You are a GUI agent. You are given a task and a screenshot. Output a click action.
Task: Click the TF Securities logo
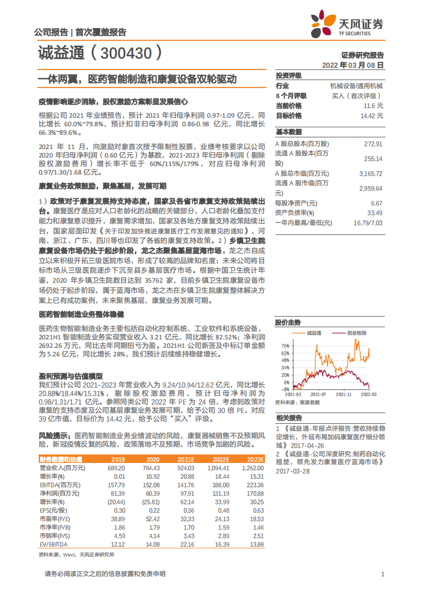point(347,24)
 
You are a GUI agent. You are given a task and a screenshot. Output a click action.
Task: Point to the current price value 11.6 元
point(373,106)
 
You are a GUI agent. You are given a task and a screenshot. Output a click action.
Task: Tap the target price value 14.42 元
point(371,115)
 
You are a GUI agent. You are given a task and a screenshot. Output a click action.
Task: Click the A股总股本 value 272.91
point(373,144)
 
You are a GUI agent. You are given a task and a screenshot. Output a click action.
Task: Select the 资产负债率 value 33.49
point(375,213)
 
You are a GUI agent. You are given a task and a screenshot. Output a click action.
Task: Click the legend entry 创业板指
point(357,333)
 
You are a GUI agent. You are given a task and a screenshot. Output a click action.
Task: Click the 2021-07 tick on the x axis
point(318,395)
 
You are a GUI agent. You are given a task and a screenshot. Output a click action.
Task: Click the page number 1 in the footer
point(382,574)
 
